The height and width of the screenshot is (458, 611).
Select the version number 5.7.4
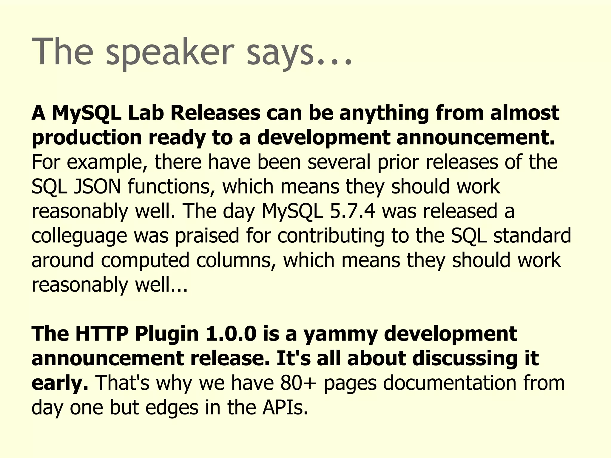[352, 211]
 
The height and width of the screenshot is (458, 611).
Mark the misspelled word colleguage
[79, 236]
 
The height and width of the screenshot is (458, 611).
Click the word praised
[207, 236]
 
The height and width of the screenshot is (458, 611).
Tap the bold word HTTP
[101, 334]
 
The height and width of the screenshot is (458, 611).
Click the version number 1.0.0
[231, 334]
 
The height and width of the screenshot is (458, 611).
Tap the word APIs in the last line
[285, 407]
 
